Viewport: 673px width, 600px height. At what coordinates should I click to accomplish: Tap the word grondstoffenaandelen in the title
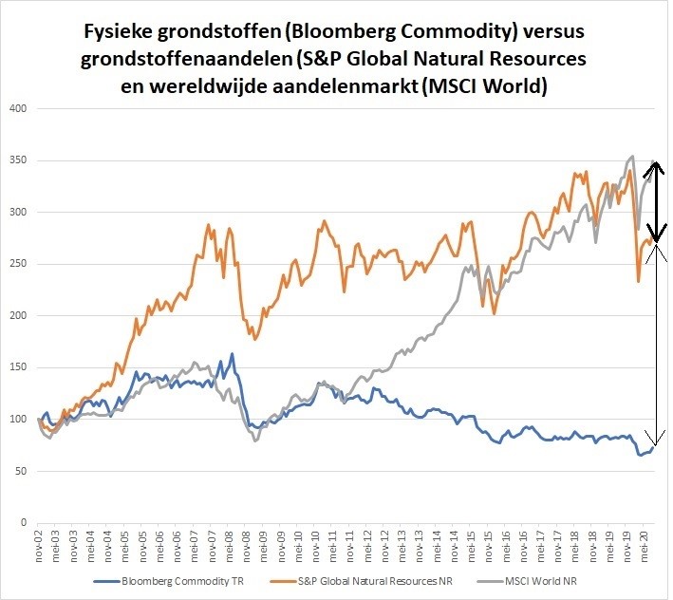point(175,60)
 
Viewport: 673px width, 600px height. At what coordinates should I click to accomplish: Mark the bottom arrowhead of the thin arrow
point(652,438)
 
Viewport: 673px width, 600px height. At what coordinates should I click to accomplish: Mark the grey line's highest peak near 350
point(632,157)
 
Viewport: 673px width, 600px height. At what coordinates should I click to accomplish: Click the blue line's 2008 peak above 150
point(232,354)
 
